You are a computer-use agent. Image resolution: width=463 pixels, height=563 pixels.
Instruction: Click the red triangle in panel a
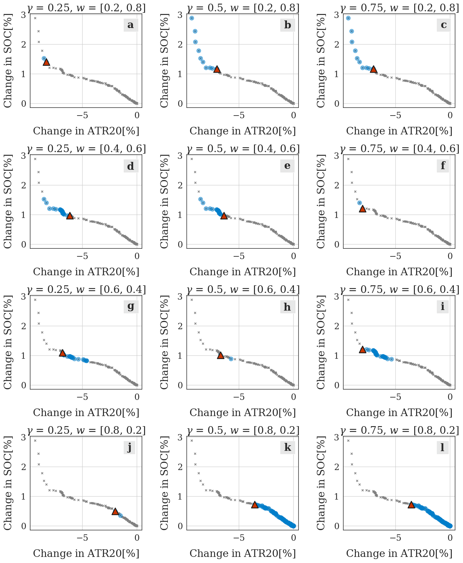(x=46, y=62)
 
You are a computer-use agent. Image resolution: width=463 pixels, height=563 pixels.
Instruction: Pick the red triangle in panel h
(x=221, y=355)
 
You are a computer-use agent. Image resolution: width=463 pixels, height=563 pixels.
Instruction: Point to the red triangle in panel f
(x=362, y=209)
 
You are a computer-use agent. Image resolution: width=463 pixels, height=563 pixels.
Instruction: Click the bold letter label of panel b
(x=288, y=25)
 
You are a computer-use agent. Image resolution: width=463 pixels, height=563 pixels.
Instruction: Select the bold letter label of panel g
(x=131, y=307)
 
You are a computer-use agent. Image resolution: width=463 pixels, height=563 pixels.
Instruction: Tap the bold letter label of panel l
(x=442, y=447)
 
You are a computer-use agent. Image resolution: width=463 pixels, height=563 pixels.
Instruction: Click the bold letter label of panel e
(x=287, y=166)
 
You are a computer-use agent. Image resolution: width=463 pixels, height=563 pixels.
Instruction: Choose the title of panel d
(x=87, y=149)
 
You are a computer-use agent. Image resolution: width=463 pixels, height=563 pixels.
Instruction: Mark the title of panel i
(x=399, y=290)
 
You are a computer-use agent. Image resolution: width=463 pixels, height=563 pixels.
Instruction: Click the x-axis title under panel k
(x=243, y=553)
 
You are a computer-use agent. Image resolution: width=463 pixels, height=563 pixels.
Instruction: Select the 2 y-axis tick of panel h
(x=181, y=326)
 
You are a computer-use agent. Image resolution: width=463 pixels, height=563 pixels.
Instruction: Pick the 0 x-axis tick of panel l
(x=450, y=538)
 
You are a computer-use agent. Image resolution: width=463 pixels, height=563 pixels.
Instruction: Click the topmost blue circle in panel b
(x=192, y=18)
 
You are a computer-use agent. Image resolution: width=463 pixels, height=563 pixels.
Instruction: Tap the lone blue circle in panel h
(x=231, y=359)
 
